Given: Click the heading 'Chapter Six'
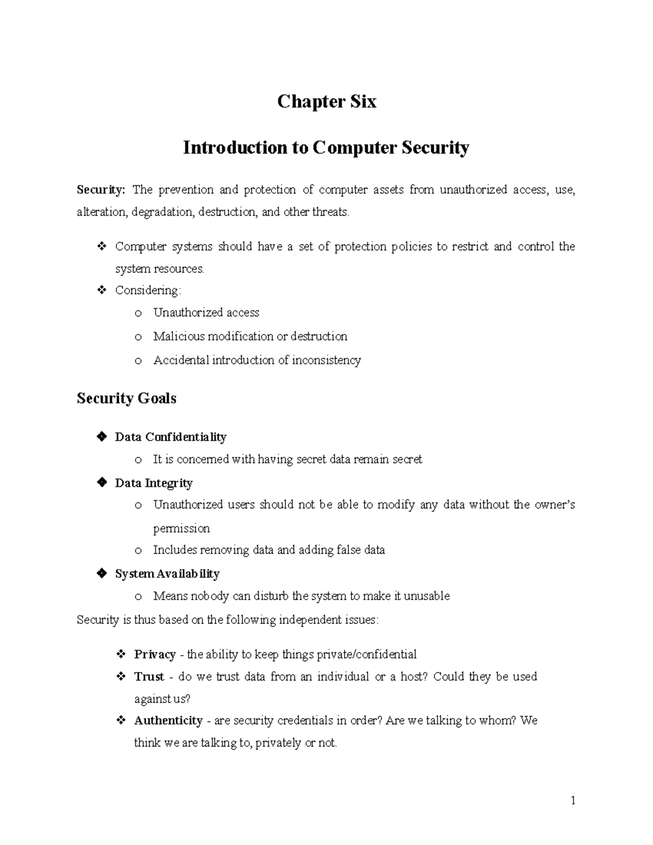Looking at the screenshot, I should click(326, 102).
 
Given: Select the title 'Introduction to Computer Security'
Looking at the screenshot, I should click(326, 148).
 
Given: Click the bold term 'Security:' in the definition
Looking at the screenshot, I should click(101, 190).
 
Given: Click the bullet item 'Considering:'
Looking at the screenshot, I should click(147, 291).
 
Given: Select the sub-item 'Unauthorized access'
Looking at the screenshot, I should click(206, 313).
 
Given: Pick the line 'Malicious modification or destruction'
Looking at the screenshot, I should click(250, 337).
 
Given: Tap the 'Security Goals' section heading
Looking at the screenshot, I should click(126, 399).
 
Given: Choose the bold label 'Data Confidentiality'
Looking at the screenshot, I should click(170, 437).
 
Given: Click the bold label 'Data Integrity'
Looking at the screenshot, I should click(153, 483).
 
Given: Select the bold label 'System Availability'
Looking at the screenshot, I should click(167, 574).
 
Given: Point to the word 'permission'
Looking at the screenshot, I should click(181, 529).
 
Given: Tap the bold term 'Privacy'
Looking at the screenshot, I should click(155, 655).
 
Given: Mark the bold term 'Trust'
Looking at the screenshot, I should click(149, 677).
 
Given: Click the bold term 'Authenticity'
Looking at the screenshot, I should click(168, 721).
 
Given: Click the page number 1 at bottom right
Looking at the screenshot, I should click(573, 800).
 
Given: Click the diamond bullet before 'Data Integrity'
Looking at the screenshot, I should click(101, 483).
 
